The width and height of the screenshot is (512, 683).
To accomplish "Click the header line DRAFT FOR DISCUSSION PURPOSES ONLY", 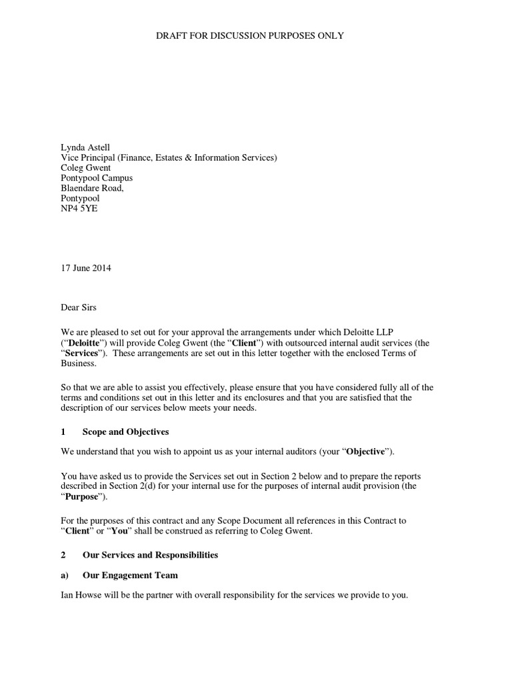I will tap(250, 35).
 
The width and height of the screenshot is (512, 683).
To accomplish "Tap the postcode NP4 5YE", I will tap(77, 208).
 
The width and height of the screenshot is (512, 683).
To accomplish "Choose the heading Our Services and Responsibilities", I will tap(150, 555).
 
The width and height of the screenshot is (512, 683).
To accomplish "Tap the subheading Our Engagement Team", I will tap(130, 575).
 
